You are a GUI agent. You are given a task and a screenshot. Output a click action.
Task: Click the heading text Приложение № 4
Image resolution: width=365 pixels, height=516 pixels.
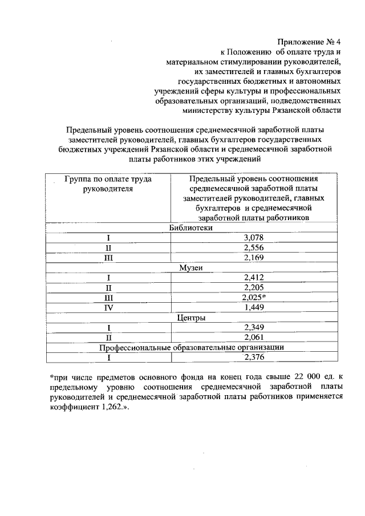[x=309, y=42]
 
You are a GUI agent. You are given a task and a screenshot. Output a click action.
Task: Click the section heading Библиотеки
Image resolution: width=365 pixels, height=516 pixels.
[x=191, y=227]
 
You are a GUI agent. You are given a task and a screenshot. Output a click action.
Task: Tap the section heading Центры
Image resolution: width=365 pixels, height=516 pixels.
[x=191, y=318]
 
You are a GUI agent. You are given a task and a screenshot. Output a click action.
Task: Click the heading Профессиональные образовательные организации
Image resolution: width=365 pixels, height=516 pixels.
[x=191, y=347]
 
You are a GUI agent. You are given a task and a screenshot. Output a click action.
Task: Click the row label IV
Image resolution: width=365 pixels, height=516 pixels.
[x=108, y=308]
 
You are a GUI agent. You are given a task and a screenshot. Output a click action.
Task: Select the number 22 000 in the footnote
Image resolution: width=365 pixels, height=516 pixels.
[x=299, y=378]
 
